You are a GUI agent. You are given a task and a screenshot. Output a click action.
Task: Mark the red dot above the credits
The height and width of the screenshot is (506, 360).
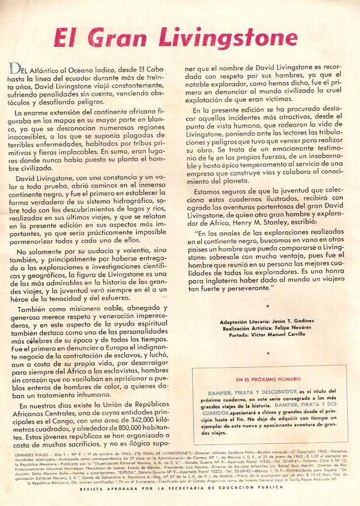pyautogui.click(x=267, y=306)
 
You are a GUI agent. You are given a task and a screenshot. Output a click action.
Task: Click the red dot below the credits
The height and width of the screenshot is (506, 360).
pyautogui.click(x=267, y=353)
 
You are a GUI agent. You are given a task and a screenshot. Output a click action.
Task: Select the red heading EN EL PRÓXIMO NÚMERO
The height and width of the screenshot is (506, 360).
pyautogui.click(x=268, y=379)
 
